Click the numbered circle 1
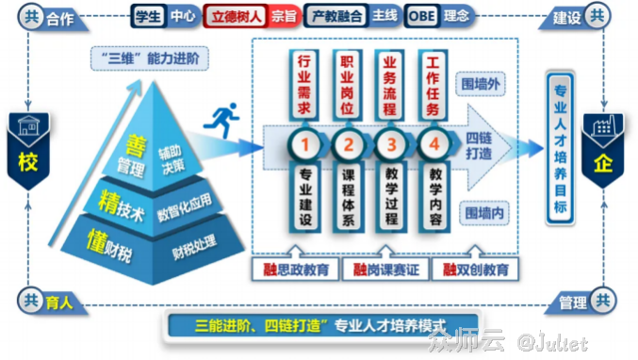(303, 146)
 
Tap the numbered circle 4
(433, 146)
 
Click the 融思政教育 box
(298, 270)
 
